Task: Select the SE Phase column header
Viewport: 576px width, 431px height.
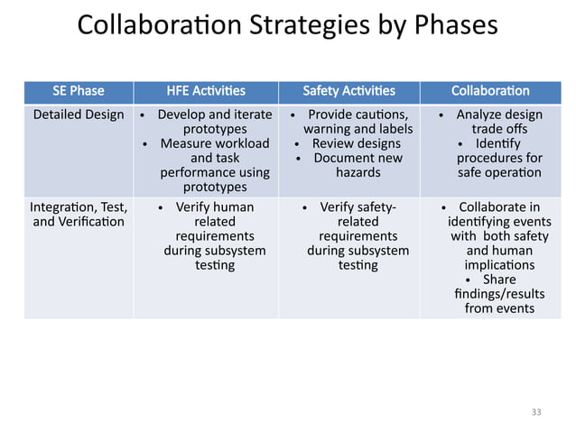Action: [x=78, y=91]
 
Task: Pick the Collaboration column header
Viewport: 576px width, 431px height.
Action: [x=490, y=91]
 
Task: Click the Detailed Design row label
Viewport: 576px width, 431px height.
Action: [x=79, y=115]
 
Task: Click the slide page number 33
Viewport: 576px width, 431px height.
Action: [x=537, y=411]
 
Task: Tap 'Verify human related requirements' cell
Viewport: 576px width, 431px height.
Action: [x=214, y=236]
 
